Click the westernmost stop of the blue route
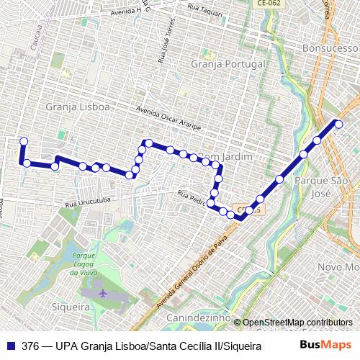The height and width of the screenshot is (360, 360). point(23,141)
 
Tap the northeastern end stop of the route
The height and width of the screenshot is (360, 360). point(338,124)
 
